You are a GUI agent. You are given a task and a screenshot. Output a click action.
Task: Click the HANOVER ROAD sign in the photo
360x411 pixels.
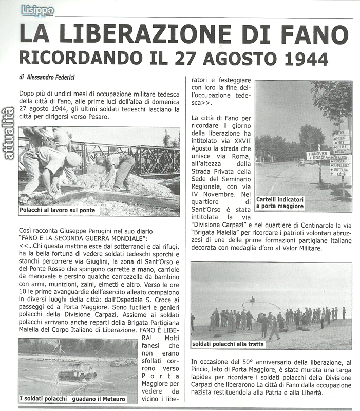pyautogui.click(x=318, y=155)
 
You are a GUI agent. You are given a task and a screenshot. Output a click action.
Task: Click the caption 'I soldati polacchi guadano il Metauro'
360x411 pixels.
pyautogui.click(x=78, y=398)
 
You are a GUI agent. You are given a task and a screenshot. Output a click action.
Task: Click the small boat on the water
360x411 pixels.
pyautogui.click(x=252, y=298)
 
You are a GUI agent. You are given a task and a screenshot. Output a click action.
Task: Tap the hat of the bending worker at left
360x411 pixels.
pyautogui.click(x=73, y=159)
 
